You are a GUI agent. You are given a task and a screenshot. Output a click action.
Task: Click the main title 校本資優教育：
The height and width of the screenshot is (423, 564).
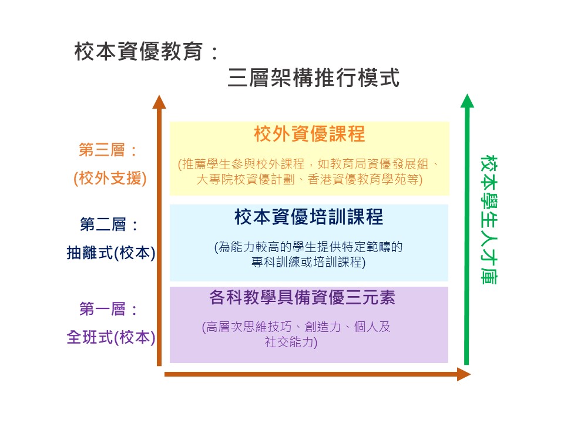pos(147,52)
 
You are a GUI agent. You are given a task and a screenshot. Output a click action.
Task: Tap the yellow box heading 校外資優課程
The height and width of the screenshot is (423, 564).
pos(310,134)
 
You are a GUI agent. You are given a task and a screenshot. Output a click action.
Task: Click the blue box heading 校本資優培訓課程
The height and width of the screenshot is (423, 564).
pos(308,217)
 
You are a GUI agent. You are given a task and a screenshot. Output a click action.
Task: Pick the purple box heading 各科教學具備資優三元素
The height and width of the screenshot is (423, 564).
pos(302,298)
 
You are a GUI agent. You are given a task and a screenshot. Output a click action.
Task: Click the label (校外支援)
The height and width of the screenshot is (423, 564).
pos(110,179)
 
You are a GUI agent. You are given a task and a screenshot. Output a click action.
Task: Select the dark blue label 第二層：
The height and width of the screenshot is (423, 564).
pos(109,224)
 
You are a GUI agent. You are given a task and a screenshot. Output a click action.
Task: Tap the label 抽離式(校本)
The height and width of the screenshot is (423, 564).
pos(111,253)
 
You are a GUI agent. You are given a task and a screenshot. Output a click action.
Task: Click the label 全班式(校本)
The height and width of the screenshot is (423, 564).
pos(111,337)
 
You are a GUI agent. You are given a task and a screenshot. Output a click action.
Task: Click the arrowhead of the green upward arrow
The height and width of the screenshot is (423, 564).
pos(467,100)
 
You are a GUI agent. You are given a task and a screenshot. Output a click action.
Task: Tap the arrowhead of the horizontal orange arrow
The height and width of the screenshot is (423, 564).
pos(464,374)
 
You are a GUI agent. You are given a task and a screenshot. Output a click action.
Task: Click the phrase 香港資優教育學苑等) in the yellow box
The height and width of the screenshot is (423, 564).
pos(365,180)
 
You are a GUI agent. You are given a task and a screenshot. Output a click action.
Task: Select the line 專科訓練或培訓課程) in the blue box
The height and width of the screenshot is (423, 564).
pos(308,263)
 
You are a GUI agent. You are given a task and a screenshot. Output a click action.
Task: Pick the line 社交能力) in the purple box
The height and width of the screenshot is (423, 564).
pos(291,343)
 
